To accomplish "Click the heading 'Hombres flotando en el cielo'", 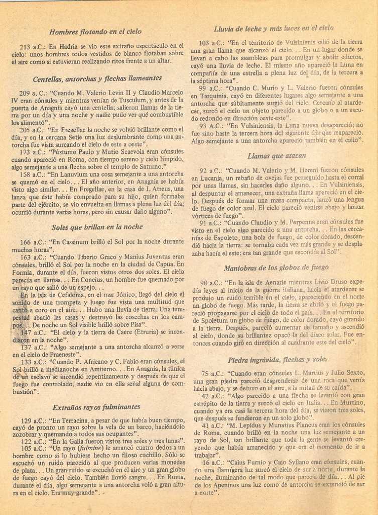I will (x=95, y=31).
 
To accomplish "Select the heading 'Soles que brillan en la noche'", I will (x=97, y=227).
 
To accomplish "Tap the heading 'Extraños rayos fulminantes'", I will (x=96, y=407).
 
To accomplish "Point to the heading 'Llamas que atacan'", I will (x=277, y=156).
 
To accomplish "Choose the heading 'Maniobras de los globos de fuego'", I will (x=276, y=268).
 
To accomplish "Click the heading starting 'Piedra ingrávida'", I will (x=278, y=360).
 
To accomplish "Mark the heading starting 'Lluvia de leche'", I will (x=274, y=29).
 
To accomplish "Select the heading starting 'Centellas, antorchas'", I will (x=97, y=78).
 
